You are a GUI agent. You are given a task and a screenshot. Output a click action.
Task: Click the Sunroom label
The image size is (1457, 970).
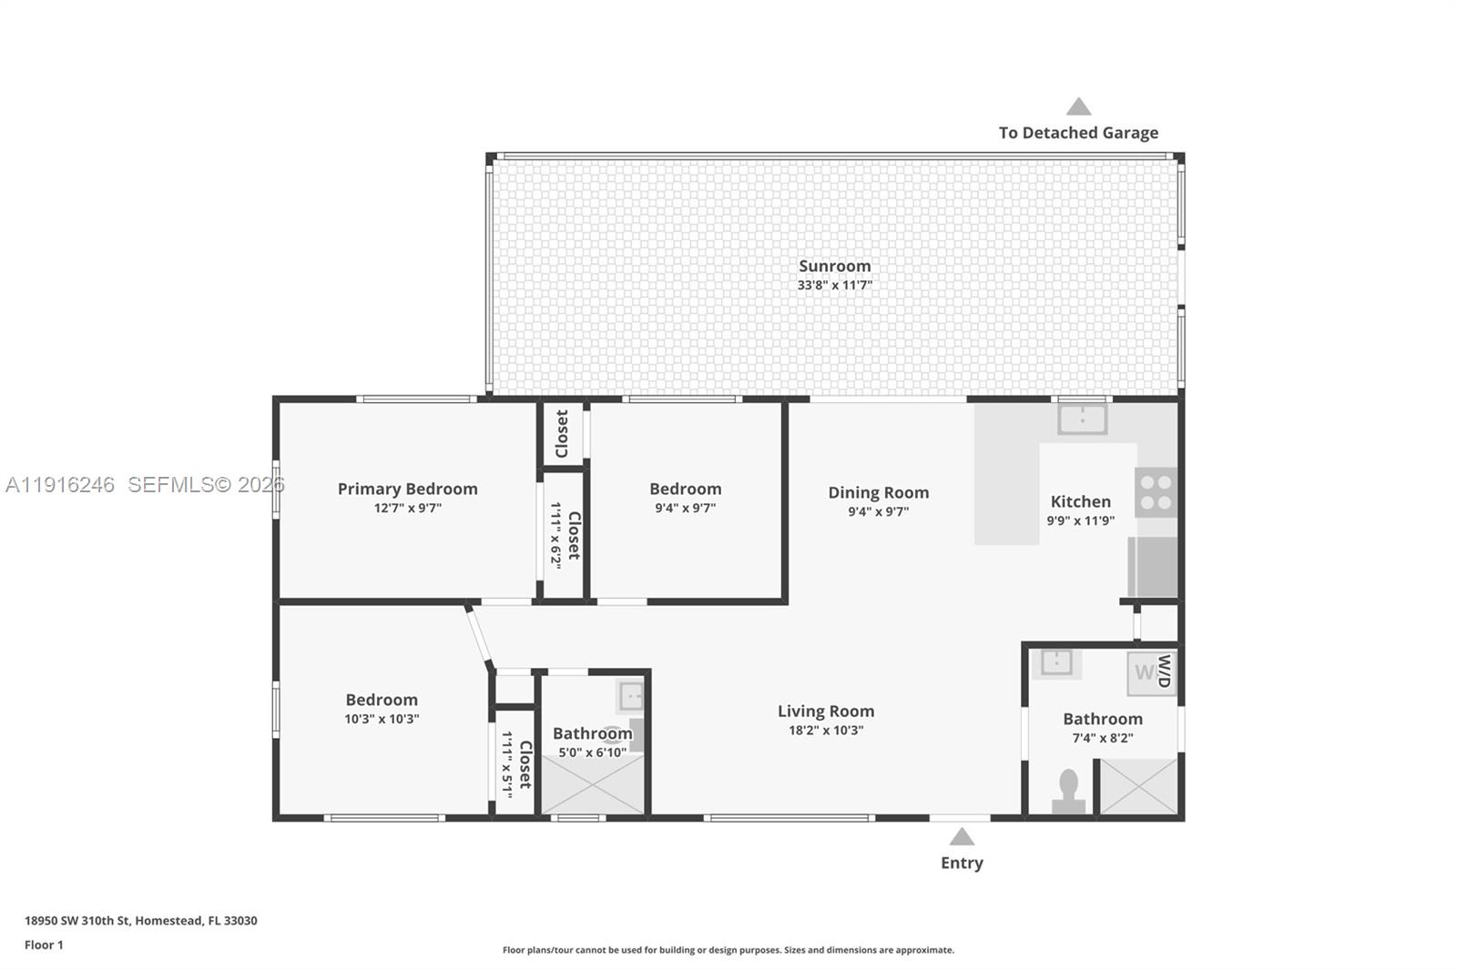pos(834,266)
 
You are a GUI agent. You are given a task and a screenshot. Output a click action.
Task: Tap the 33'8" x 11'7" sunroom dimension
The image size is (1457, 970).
pos(834,285)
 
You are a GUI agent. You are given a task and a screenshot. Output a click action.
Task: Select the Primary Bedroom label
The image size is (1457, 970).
pos(407,489)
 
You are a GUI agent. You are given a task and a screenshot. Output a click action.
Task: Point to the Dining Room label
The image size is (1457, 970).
pos(878,492)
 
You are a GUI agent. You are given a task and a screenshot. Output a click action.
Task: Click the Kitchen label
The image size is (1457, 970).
pos(1080,501)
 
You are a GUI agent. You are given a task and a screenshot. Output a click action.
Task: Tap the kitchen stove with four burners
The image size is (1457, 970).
pos(1156,492)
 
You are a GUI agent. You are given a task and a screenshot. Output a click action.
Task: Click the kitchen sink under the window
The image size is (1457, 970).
pos(1082,419)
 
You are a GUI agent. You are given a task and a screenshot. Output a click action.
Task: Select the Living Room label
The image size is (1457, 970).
pos(825,711)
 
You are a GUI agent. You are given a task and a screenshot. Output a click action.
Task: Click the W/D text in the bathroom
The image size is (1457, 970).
pos(1163,672)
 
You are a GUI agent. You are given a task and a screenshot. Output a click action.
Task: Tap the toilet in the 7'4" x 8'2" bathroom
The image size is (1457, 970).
pos(1068,791)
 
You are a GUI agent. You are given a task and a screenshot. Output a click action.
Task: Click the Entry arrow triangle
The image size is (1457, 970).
pos(962,837)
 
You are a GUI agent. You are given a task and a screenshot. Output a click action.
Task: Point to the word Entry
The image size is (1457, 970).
pos(962,863)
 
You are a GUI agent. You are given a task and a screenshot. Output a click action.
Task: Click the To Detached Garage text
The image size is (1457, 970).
pos(1078,133)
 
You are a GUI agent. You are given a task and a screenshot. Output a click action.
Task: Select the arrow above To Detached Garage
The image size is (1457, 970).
pos(1078,106)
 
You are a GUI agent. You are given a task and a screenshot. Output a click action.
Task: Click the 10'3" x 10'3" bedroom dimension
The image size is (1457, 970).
pos(382,719)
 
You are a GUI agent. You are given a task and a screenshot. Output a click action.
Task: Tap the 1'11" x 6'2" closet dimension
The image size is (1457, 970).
pos(555,535)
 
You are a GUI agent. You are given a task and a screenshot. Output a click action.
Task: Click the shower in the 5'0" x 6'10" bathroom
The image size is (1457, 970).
pos(592,785)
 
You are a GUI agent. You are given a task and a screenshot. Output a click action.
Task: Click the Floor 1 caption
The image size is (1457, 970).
pos(44,945)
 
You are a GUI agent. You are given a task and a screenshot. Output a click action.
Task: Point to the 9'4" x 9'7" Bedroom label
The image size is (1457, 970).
pos(685,489)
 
